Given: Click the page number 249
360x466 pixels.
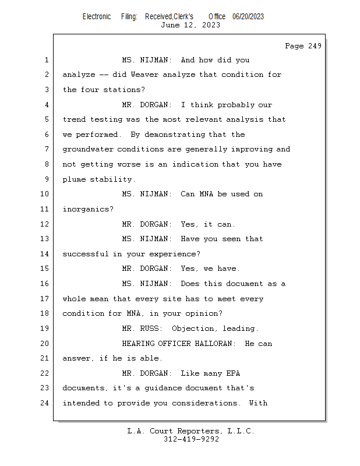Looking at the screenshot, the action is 315,46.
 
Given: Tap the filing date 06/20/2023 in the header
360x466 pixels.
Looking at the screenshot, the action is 248,17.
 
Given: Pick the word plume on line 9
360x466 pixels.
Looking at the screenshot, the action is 74,179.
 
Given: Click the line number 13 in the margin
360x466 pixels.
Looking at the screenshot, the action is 45,239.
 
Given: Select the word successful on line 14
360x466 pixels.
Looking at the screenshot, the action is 85,254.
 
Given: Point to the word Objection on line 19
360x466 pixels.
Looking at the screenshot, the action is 192,329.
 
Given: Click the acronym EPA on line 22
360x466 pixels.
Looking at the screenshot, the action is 233,373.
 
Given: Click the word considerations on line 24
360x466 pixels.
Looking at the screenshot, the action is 204,403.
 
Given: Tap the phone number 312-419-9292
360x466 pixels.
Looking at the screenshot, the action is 191,439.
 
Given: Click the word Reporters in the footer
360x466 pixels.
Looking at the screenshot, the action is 198,431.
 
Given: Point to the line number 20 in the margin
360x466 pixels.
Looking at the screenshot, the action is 45,344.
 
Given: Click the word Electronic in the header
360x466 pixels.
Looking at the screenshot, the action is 97,17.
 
